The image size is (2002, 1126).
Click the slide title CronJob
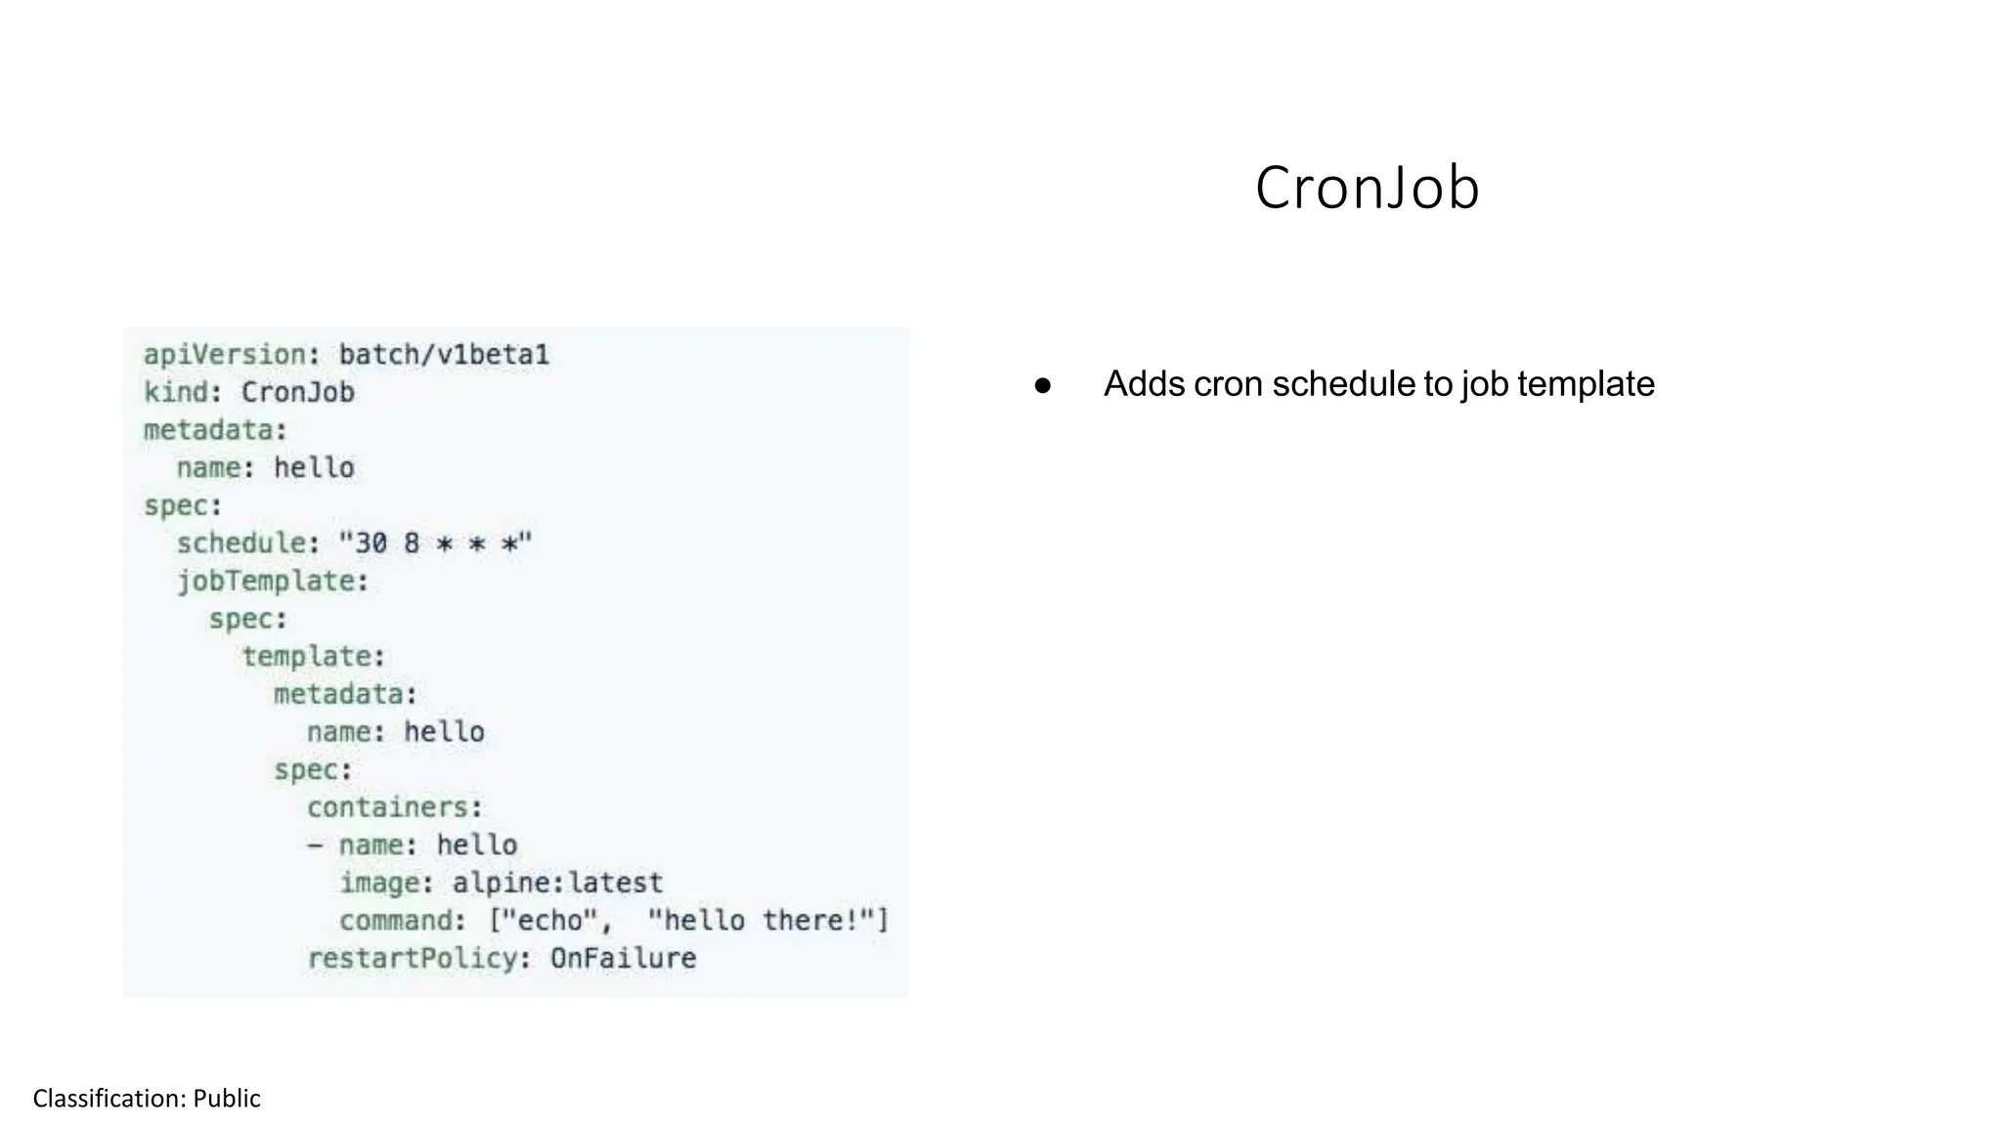pyautogui.click(x=1367, y=188)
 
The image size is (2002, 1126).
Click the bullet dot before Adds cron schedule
pyautogui.click(x=1042, y=385)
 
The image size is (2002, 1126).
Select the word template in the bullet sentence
pyautogui.click(x=1586, y=384)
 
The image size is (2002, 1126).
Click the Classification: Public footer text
pyautogui.click(x=147, y=1099)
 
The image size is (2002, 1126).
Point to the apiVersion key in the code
pyautogui.click(x=225, y=355)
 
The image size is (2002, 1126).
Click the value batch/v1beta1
pyautogui.click(x=444, y=355)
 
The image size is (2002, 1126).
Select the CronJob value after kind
pyautogui.click(x=297, y=392)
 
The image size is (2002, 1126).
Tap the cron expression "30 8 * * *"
pyautogui.click(x=435, y=543)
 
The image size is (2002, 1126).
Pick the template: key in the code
pyautogui.click(x=312, y=657)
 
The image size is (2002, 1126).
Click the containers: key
pyautogui.click(x=393, y=807)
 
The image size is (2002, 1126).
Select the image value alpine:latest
pyautogui.click(x=557, y=883)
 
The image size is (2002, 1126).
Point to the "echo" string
pyautogui.click(x=549, y=921)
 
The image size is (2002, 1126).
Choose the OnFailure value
pyautogui.click(x=623, y=959)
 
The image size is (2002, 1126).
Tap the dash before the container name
pyautogui.click(x=315, y=845)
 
